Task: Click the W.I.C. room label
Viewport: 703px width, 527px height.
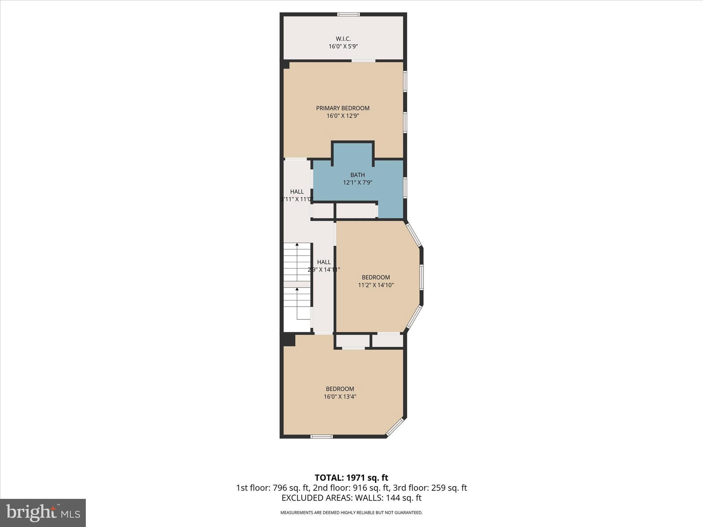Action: tap(343, 39)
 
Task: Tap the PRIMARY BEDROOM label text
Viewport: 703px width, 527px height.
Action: tap(343, 108)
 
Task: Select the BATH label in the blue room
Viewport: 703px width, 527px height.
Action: tap(357, 175)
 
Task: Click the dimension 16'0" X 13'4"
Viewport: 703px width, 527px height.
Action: tap(340, 397)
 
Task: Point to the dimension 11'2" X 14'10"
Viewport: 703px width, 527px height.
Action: tap(376, 285)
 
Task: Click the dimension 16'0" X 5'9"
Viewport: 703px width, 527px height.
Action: tap(343, 46)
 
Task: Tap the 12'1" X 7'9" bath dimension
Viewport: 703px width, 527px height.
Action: tap(357, 183)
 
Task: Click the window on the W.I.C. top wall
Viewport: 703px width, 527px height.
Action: tap(348, 14)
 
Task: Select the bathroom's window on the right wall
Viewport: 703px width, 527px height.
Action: tap(405, 187)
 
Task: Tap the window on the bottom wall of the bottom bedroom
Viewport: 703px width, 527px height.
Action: tap(321, 436)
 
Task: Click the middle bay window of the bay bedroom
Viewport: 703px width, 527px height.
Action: tap(421, 277)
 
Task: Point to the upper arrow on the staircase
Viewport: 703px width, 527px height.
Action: tap(297, 245)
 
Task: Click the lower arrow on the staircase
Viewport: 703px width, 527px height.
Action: tap(297, 290)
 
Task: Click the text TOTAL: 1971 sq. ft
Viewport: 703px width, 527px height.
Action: tap(351, 478)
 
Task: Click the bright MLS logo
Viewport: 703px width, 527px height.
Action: tap(43, 513)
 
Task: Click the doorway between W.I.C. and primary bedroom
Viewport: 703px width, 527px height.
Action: tap(363, 61)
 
